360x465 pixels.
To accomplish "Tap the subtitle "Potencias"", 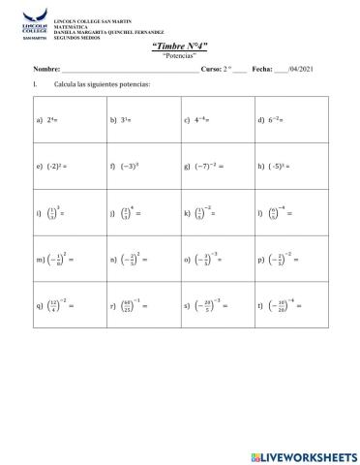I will [180, 56].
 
